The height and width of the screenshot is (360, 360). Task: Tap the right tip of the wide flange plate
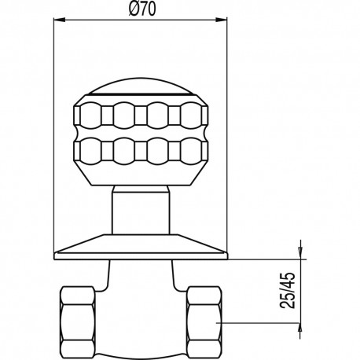tap(227, 253)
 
